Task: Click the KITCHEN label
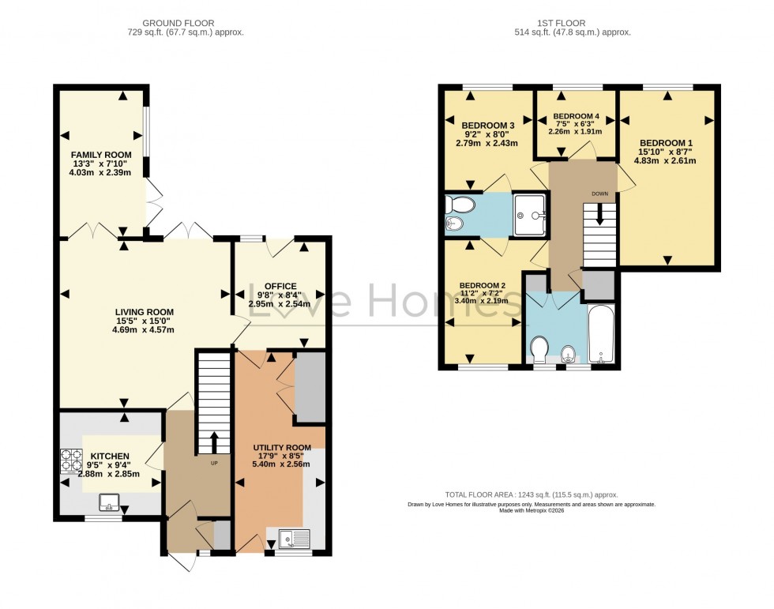tap(109, 457)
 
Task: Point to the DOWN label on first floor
tap(601, 192)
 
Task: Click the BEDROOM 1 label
tap(667, 143)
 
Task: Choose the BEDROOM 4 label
tap(575, 117)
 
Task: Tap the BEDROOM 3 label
tap(487, 125)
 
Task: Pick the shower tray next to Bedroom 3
tap(530, 214)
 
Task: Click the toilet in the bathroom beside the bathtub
tap(540, 349)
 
